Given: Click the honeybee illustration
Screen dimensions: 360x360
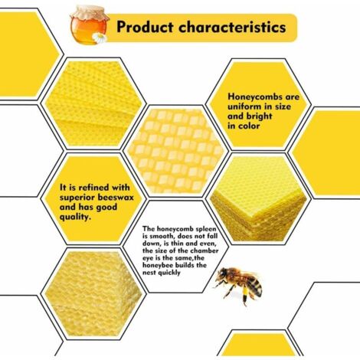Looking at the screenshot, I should click(x=240, y=284).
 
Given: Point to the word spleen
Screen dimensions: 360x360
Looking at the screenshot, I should click(x=203, y=229).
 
